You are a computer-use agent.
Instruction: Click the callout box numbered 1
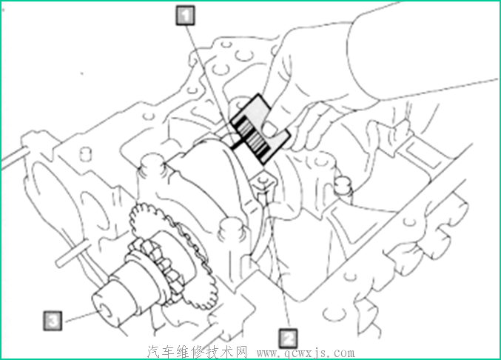click(185, 15)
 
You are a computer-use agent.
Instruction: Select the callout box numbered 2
click(288, 338)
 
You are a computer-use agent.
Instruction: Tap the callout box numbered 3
click(53, 320)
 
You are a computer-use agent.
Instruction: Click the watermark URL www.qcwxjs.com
click(306, 353)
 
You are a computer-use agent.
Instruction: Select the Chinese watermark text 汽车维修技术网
click(198, 352)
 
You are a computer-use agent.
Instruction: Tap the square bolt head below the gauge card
click(263, 183)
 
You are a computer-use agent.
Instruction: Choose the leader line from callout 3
click(79, 316)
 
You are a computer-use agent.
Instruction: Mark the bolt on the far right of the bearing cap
click(343, 186)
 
